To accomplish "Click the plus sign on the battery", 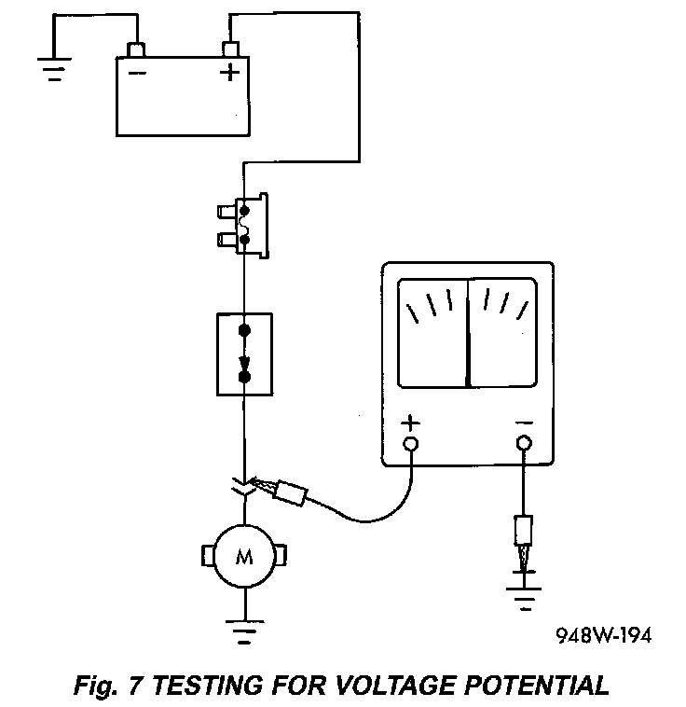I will coord(229,72).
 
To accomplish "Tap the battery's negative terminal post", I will coord(137,49).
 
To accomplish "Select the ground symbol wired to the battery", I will coord(53,71).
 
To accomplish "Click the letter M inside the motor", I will coord(244,557).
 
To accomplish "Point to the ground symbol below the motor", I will coord(244,631).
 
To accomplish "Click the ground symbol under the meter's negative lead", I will coord(523,594).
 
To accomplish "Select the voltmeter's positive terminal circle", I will coord(410,442).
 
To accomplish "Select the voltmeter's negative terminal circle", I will coord(524,442).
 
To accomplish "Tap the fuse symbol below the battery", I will coord(245,226).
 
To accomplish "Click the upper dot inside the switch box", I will coord(244,331).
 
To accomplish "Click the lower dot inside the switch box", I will coord(244,377).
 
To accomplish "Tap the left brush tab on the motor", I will coord(205,557).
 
